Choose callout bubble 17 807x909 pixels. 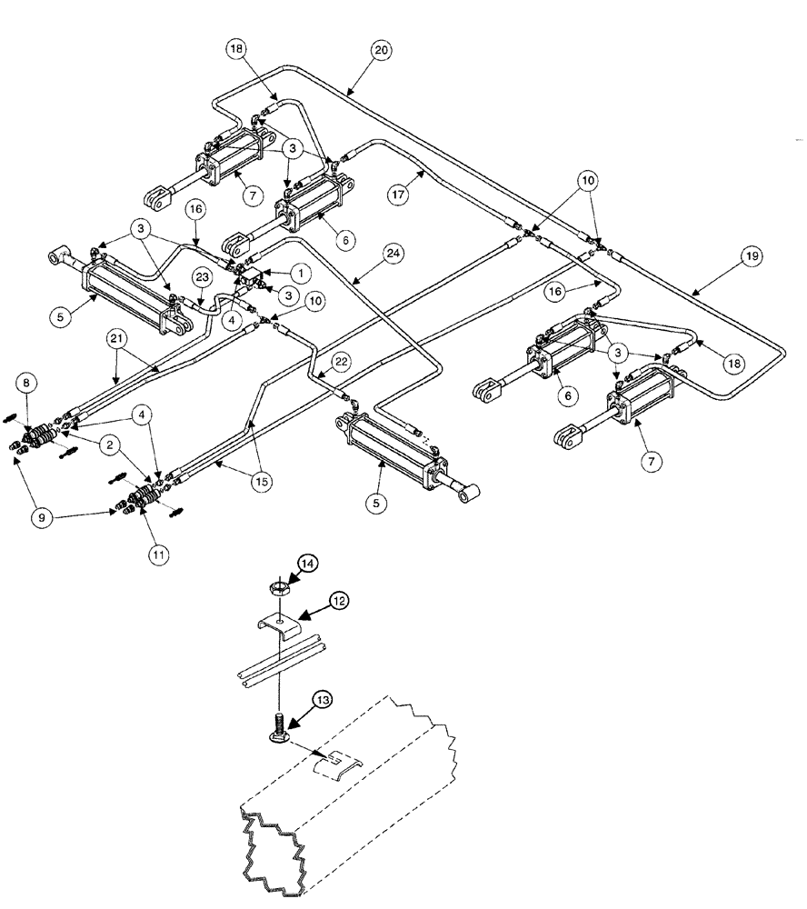point(420,193)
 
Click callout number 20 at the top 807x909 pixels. point(382,51)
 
